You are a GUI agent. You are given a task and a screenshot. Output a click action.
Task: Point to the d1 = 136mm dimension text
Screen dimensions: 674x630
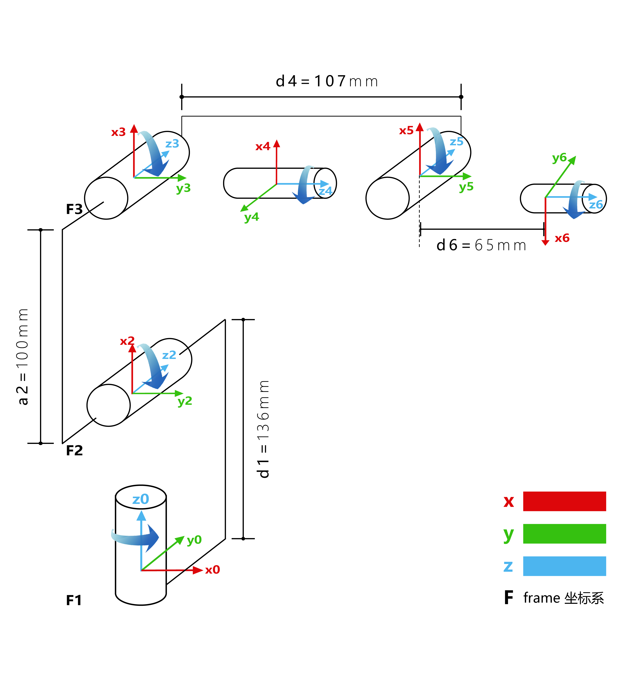(x=263, y=429)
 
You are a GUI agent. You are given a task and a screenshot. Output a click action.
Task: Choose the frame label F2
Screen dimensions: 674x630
(x=74, y=451)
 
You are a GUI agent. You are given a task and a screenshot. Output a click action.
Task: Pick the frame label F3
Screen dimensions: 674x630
(x=74, y=209)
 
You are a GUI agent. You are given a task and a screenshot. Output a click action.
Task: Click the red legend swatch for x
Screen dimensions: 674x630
(x=564, y=501)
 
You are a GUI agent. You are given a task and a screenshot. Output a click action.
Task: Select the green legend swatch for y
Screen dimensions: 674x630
(x=564, y=534)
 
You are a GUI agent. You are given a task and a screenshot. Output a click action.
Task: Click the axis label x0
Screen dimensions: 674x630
(x=212, y=570)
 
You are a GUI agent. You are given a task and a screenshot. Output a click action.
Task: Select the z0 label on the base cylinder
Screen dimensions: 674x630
(x=141, y=499)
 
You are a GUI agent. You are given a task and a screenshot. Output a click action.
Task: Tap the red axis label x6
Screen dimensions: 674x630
(x=562, y=238)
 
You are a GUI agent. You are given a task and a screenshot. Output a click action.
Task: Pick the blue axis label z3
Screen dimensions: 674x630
(x=172, y=144)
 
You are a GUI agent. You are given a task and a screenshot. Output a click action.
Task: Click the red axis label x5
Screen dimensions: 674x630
(x=406, y=131)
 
